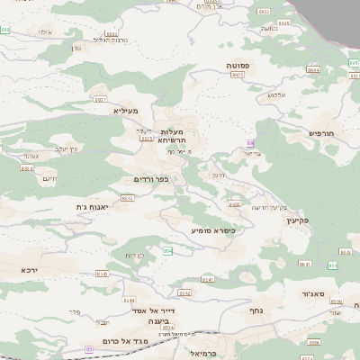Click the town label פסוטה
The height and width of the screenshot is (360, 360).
tap(245, 67)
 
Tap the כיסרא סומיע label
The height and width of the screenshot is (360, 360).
tap(213, 230)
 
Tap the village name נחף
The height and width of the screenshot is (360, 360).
tap(255, 309)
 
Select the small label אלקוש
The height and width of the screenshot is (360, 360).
tap(275, 94)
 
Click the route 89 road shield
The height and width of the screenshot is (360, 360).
tap(250, 143)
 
